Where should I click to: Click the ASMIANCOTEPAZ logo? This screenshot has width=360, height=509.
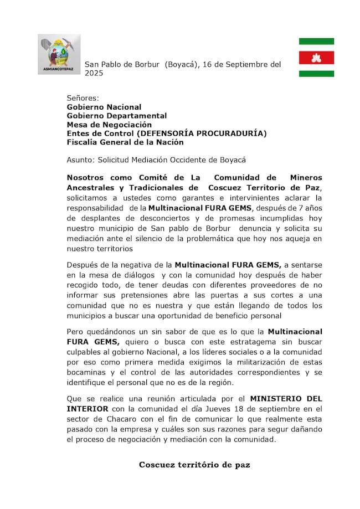pos(58,54)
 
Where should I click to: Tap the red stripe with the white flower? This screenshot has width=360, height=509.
pos(316,58)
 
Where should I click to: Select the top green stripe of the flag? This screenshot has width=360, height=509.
pos(316,41)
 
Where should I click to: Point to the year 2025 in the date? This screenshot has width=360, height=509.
pos(94,73)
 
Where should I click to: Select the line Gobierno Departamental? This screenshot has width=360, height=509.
pos(116,116)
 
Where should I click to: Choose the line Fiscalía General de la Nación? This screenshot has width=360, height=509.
pos(125,142)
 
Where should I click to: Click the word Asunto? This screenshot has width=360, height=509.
pos(80,160)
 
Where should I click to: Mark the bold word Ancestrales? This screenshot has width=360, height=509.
pos(91,187)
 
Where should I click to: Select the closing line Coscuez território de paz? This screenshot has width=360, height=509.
pos(194,465)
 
